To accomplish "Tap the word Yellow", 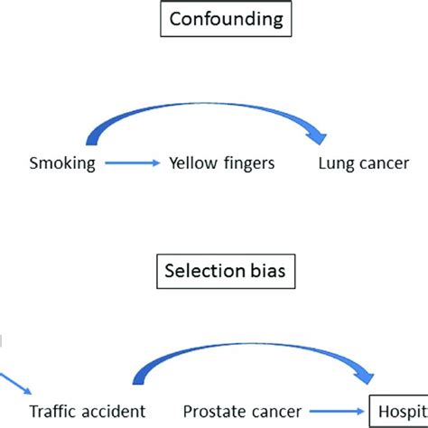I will tap(188, 164).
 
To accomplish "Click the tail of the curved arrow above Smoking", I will tap(88, 143).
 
